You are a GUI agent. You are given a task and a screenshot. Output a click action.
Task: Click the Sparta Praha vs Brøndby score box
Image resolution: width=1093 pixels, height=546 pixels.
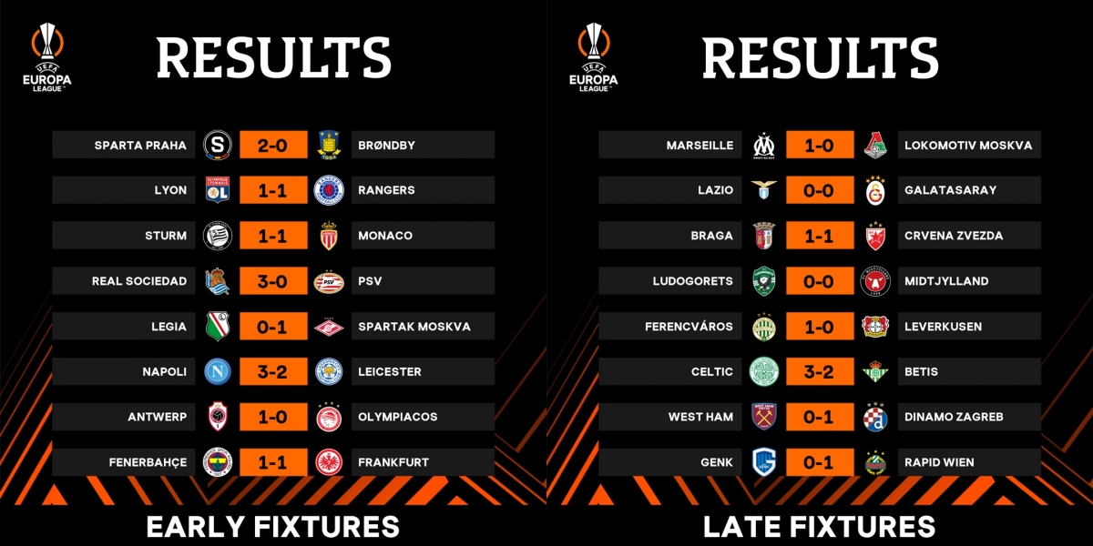[273, 145]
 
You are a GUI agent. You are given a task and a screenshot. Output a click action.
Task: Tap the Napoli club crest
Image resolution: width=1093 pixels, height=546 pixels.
[218, 371]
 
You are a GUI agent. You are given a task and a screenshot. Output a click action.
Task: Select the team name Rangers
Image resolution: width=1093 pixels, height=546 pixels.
[386, 190]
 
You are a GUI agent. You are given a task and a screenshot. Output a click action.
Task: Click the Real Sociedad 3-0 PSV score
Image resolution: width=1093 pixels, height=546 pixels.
[273, 281]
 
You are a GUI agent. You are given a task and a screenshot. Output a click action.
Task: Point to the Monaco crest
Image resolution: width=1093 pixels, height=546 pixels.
[329, 236]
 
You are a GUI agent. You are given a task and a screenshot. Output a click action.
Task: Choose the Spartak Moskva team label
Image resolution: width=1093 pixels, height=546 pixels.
[414, 326]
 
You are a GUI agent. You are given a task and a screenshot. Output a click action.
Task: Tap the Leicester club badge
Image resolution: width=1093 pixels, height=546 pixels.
[329, 371]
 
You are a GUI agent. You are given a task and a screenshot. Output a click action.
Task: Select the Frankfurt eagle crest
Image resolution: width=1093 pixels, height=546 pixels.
[329, 462]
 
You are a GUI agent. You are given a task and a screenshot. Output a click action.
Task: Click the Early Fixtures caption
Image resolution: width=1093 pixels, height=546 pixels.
[273, 526]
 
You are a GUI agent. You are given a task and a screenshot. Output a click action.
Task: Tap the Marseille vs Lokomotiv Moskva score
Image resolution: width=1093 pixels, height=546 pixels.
[820, 145]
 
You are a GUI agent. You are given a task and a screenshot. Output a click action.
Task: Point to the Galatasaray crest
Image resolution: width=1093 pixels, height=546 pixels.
[875, 190]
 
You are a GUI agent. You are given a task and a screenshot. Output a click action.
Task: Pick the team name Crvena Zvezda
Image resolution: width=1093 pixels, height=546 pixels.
[954, 236]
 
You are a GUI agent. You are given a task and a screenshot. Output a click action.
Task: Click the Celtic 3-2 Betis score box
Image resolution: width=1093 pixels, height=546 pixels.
[820, 371]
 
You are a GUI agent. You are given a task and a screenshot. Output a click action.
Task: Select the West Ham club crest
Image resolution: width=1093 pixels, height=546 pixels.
[764, 417]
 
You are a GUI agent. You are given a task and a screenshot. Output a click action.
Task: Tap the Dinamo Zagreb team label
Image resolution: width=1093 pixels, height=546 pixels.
[954, 417]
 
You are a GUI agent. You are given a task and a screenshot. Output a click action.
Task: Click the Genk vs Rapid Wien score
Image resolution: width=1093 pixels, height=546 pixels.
[820, 462]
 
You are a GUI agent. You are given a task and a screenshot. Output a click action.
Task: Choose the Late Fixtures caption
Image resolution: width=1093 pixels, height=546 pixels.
[820, 526]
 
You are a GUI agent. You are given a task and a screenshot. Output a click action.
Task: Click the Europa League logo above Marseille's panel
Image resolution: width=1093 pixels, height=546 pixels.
[593, 56]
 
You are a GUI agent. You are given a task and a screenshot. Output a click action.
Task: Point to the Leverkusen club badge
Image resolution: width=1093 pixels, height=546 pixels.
[875, 326]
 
